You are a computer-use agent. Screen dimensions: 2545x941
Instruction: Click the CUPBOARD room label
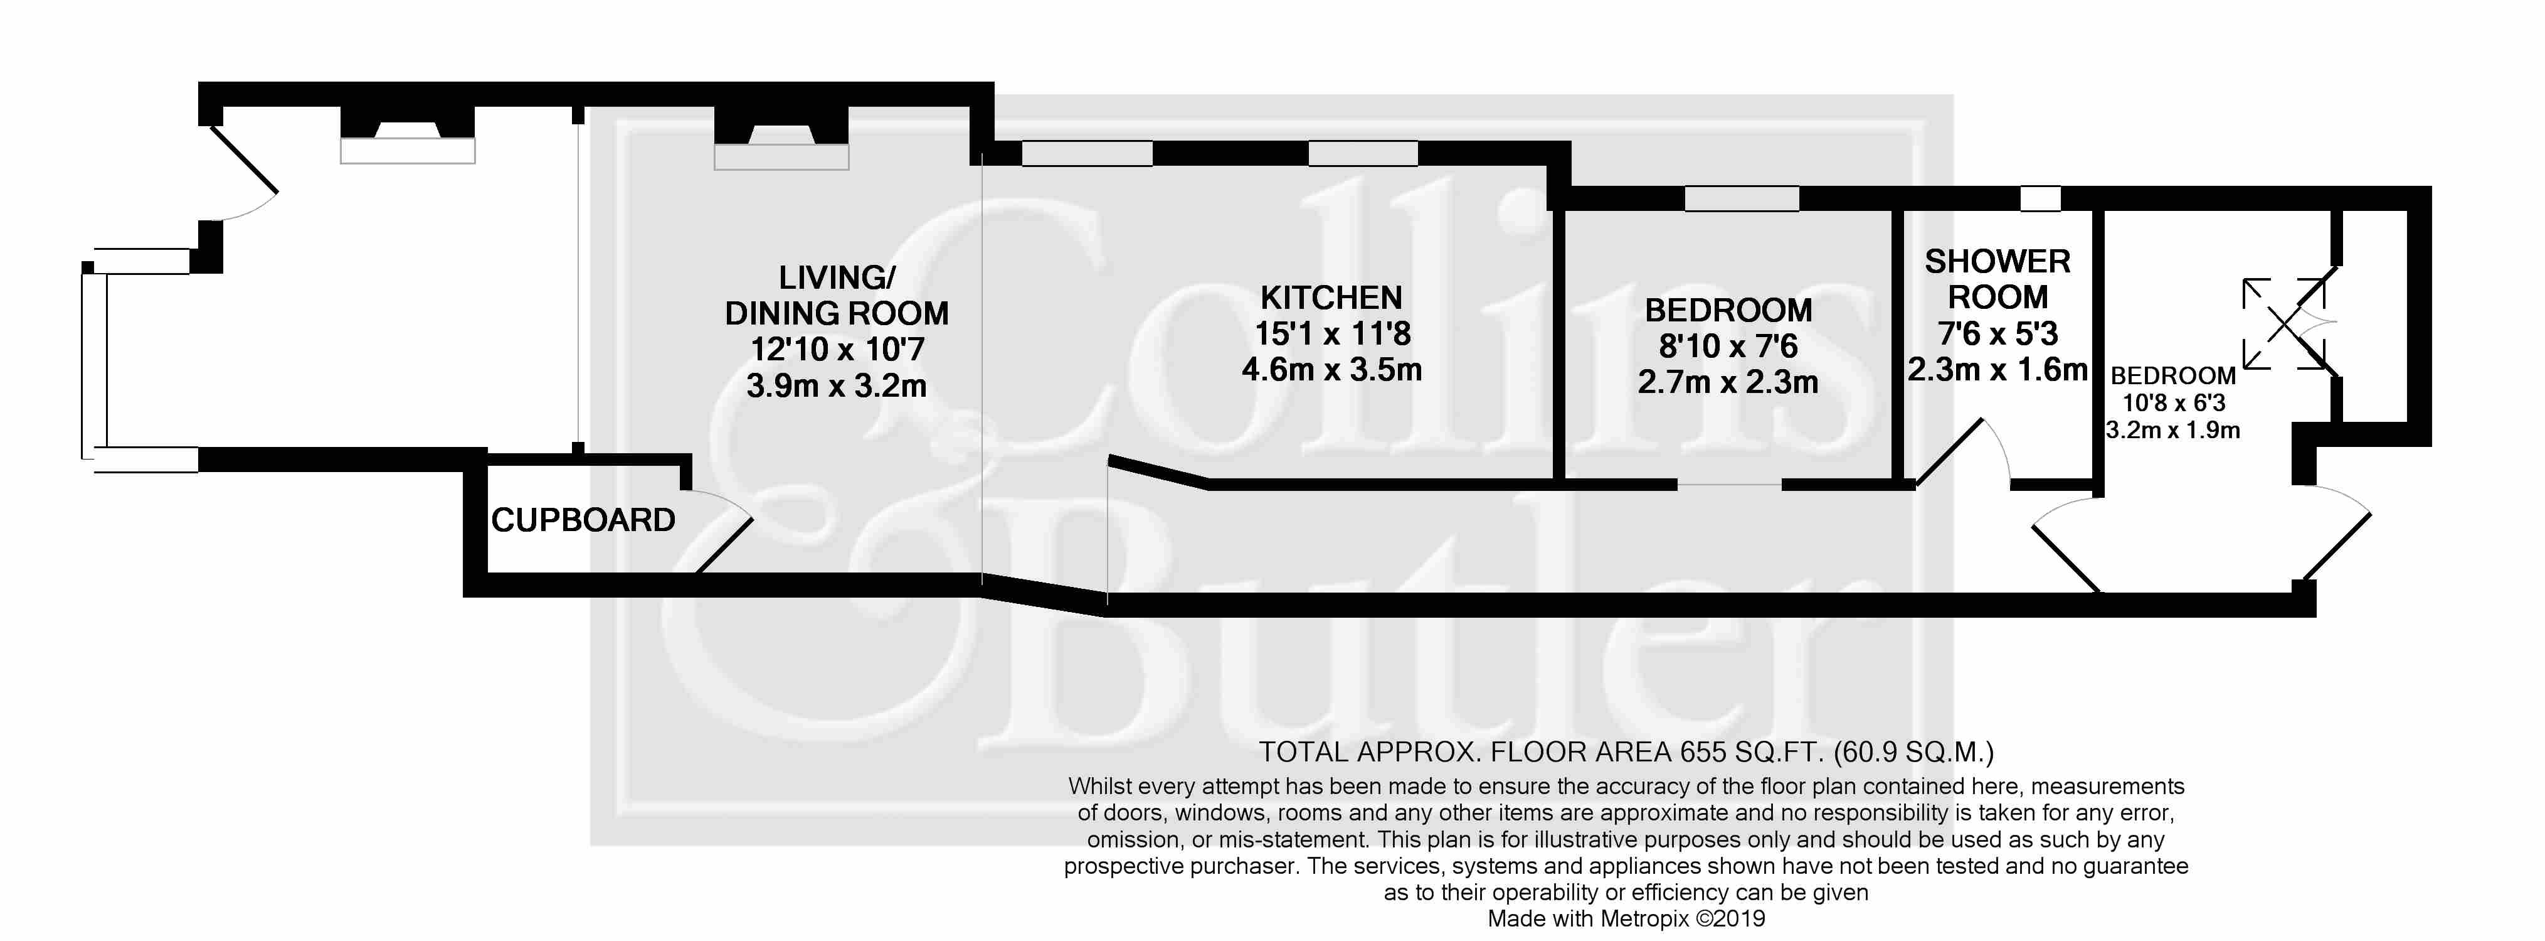click(x=583, y=520)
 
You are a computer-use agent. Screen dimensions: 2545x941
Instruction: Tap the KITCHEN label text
click(x=1331, y=298)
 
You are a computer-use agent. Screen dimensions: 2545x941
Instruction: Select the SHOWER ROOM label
click(x=1997, y=279)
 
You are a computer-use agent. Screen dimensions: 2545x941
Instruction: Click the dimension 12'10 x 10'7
click(x=837, y=349)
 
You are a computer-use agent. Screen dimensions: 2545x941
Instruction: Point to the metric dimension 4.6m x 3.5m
click(x=1331, y=370)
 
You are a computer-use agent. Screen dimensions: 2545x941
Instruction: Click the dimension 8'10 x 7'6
click(x=1728, y=346)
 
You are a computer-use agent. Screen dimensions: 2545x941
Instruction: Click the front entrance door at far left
click(x=242, y=173)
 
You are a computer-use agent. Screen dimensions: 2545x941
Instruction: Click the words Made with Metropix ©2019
click(x=1626, y=919)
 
